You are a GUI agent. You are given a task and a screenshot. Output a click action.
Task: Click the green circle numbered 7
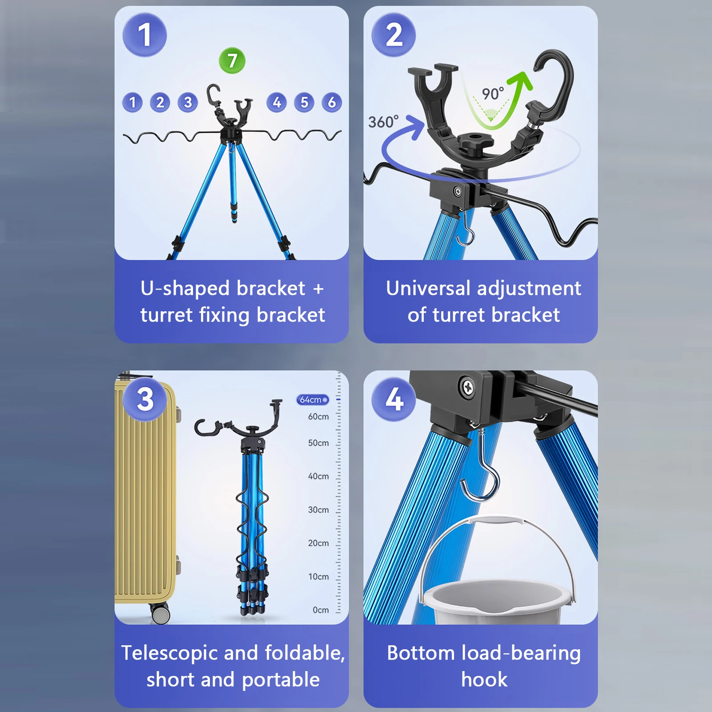[232, 60]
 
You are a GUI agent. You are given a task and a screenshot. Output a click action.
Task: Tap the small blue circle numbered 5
[304, 102]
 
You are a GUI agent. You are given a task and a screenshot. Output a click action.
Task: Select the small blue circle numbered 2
[160, 102]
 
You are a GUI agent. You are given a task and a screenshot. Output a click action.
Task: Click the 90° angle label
[493, 93]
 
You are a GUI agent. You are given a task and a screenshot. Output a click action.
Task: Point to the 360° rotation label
[383, 121]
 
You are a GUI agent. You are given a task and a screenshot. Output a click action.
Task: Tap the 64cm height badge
[313, 399]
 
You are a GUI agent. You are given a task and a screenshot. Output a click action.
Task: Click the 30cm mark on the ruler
[318, 510]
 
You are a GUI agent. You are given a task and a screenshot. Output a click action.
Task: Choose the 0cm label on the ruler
[321, 610]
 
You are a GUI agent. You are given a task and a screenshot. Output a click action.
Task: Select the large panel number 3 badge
[145, 399]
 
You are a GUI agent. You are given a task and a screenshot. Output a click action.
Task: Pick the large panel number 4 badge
[394, 399]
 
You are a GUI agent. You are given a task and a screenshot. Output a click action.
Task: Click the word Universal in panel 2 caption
[428, 288]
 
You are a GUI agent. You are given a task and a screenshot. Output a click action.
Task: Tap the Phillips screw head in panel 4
[467, 387]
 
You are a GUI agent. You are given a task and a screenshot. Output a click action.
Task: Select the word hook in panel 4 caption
[484, 680]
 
